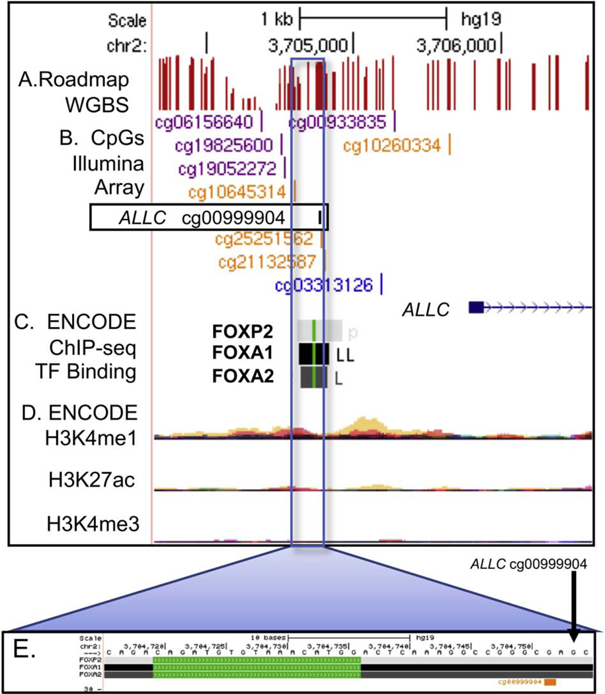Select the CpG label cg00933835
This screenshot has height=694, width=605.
click(338, 122)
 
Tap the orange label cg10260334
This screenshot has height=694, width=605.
click(392, 145)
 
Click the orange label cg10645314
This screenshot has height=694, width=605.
click(237, 192)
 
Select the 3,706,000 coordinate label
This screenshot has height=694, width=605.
click(456, 45)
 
